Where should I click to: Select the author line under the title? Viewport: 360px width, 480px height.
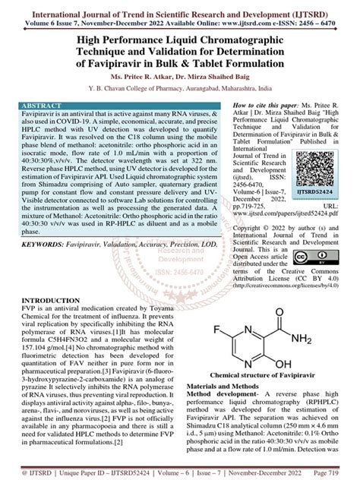[x=179, y=77]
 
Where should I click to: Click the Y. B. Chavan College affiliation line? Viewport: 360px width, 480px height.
[x=179, y=88]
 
